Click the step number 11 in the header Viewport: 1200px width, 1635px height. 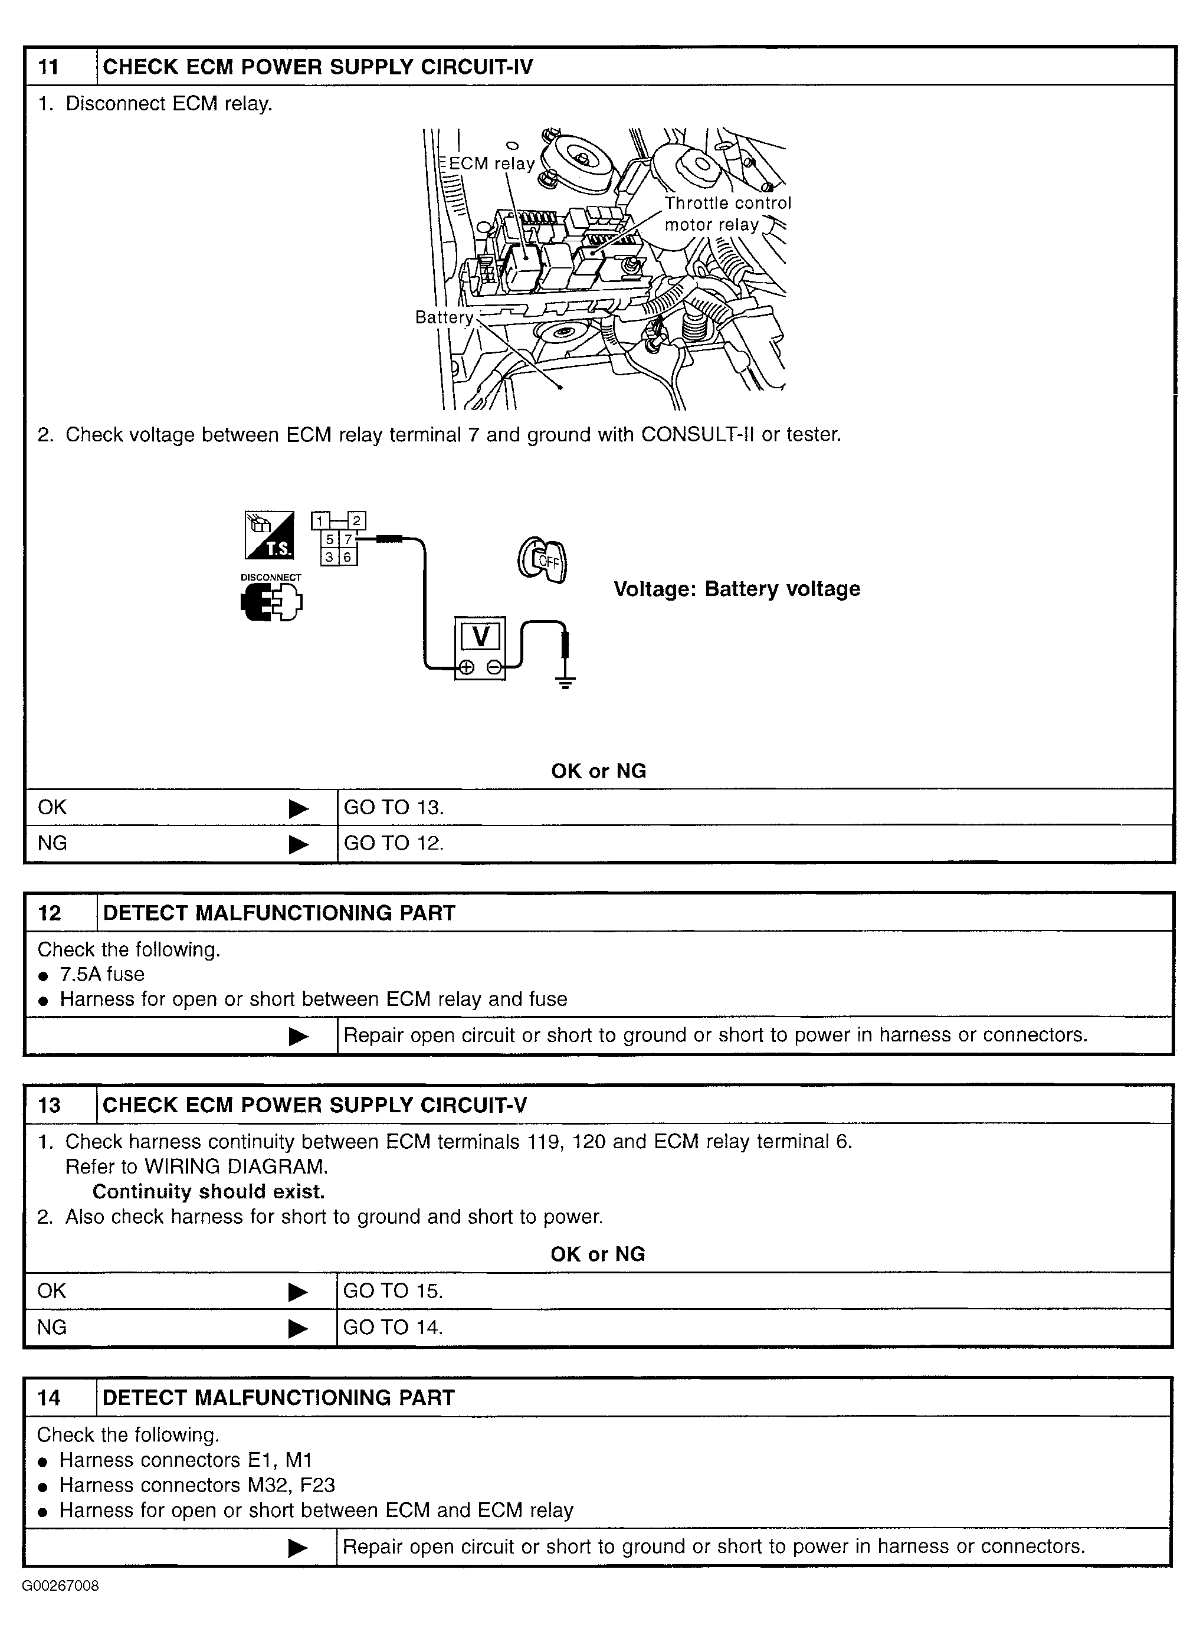point(48,67)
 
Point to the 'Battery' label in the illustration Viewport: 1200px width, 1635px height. point(444,317)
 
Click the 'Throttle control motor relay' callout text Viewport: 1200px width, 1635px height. point(727,214)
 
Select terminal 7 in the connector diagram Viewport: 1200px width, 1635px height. point(348,539)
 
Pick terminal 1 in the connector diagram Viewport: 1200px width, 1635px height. point(320,521)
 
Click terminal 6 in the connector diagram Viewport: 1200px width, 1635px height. point(348,557)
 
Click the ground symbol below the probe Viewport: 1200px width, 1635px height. point(565,682)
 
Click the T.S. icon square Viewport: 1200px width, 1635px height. point(270,535)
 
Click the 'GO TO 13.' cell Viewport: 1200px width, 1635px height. point(393,808)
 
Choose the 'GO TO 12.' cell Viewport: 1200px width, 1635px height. point(393,843)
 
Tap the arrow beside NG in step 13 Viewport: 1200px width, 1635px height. point(298,1329)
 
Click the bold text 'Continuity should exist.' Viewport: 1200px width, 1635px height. point(208,1192)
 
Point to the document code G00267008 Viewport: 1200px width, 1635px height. point(60,1585)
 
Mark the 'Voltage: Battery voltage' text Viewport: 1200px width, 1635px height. point(736,588)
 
